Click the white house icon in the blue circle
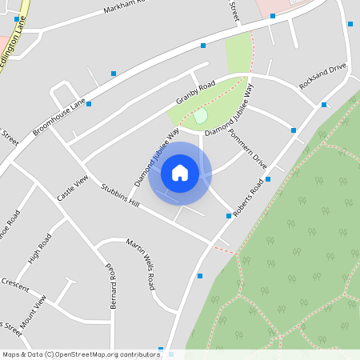tap(180, 173)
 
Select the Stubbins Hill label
tap(121, 196)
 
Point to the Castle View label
tap(71, 187)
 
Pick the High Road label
tap(39, 249)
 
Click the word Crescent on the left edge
tap(14, 284)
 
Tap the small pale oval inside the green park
tap(200, 118)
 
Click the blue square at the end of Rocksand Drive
tap(324, 104)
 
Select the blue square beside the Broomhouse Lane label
tap(89, 104)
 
